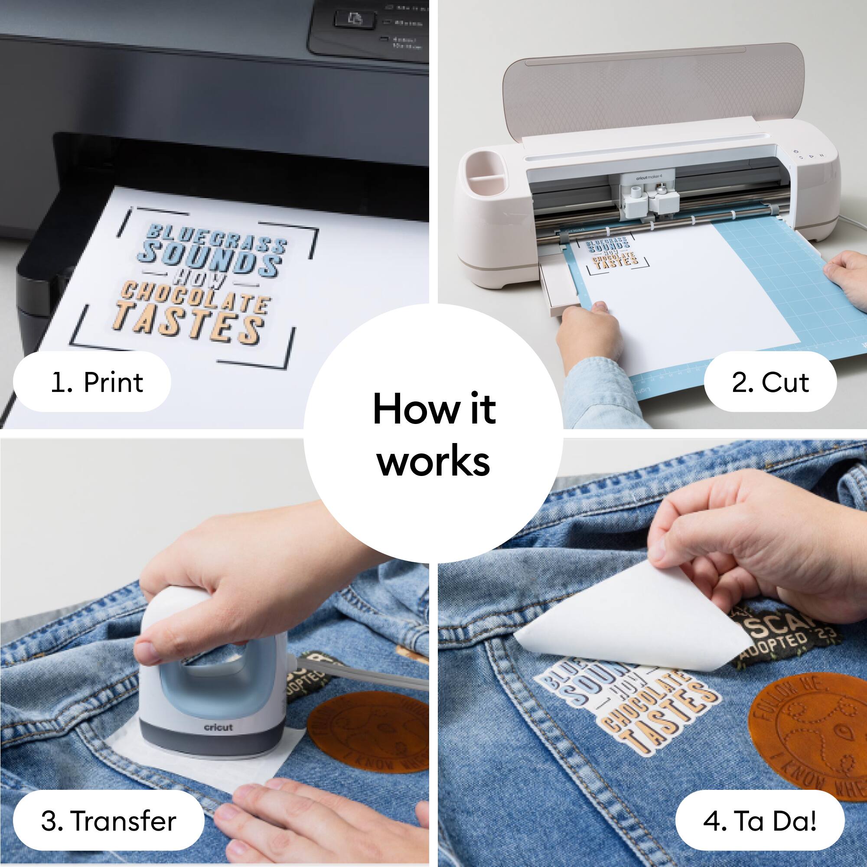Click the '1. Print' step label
click(x=92, y=382)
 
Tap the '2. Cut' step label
click(x=770, y=382)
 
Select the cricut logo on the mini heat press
click(x=218, y=727)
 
